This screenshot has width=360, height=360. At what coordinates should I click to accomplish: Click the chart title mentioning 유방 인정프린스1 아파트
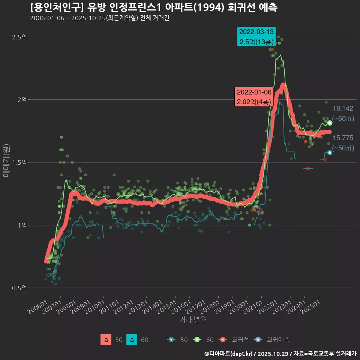pos(154,7)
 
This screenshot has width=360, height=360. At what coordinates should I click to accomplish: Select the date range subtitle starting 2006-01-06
pos(100,18)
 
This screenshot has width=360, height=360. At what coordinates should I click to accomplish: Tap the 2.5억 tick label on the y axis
pos(20,37)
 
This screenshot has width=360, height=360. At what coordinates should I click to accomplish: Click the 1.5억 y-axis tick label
pos(20,162)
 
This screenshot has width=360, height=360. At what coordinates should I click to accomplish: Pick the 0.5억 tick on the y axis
pos(20,288)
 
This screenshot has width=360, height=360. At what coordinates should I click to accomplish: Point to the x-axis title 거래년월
pos(193,320)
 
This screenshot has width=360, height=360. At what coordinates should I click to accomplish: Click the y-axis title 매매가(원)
pos(6,160)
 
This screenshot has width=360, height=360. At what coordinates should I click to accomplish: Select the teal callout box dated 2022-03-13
pos(256,36)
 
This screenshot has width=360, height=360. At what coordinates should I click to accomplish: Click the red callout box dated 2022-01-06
pos(254,97)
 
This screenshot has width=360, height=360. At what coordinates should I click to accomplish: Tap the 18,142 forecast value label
pos(343,109)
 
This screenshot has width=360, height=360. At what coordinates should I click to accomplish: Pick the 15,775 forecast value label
pos(343,138)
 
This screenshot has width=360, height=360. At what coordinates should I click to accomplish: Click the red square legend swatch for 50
pos(106,340)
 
